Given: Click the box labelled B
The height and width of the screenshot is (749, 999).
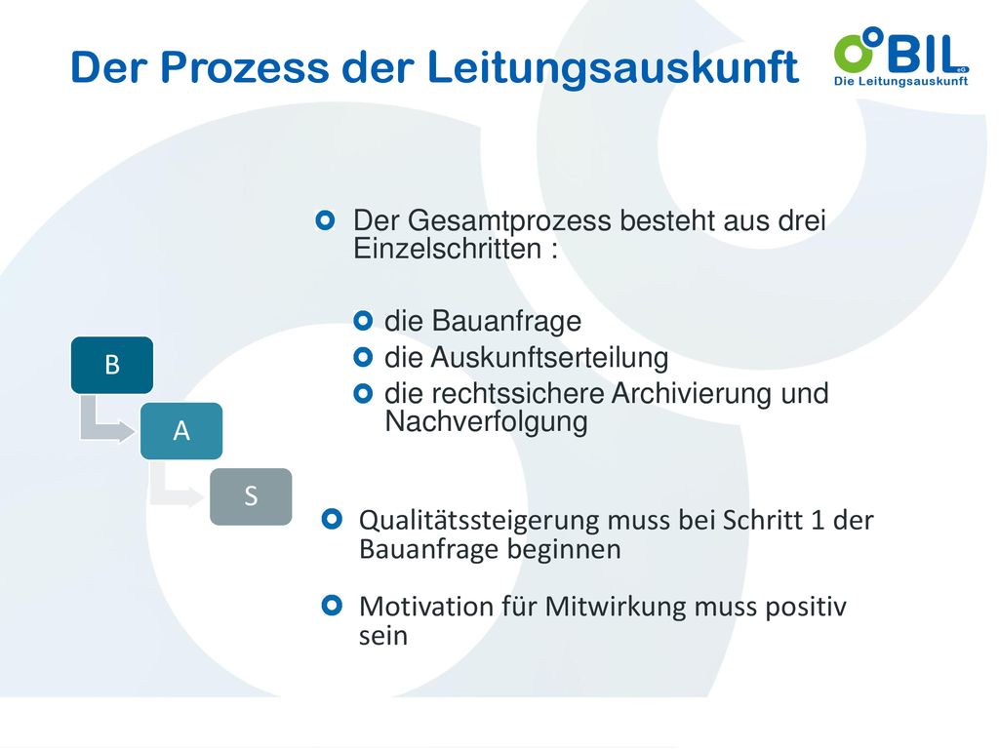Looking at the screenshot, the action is pyautogui.click(x=112, y=365).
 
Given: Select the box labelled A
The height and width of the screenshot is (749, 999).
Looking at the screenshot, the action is pyautogui.click(x=181, y=431).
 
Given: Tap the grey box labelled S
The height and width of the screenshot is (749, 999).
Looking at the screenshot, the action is pyautogui.click(x=251, y=496).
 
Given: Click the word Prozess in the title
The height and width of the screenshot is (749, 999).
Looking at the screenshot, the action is pyautogui.click(x=245, y=67).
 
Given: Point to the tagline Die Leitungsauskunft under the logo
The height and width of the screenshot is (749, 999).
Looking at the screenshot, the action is pyautogui.click(x=900, y=81).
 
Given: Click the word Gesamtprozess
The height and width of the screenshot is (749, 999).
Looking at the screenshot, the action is pyautogui.click(x=509, y=221).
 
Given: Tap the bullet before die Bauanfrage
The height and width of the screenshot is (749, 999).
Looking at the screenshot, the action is pyautogui.click(x=363, y=320).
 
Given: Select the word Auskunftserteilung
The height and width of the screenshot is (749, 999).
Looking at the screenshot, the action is pyautogui.click(x=550, y=358).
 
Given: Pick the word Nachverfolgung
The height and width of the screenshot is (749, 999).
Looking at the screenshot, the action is pyautogui.click(x=486, y=421).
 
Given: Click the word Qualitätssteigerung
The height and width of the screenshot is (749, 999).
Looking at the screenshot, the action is pyautogui.click(x=479, y=522).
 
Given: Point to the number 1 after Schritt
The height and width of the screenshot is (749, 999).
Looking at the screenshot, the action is pyautogui.click(x=819, y=521).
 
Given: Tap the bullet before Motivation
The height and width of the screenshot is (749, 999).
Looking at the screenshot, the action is pyautogui.click(x=332, y=605).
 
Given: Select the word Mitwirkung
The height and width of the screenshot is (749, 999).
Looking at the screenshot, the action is pyautogui.click(x=616, y=608).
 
